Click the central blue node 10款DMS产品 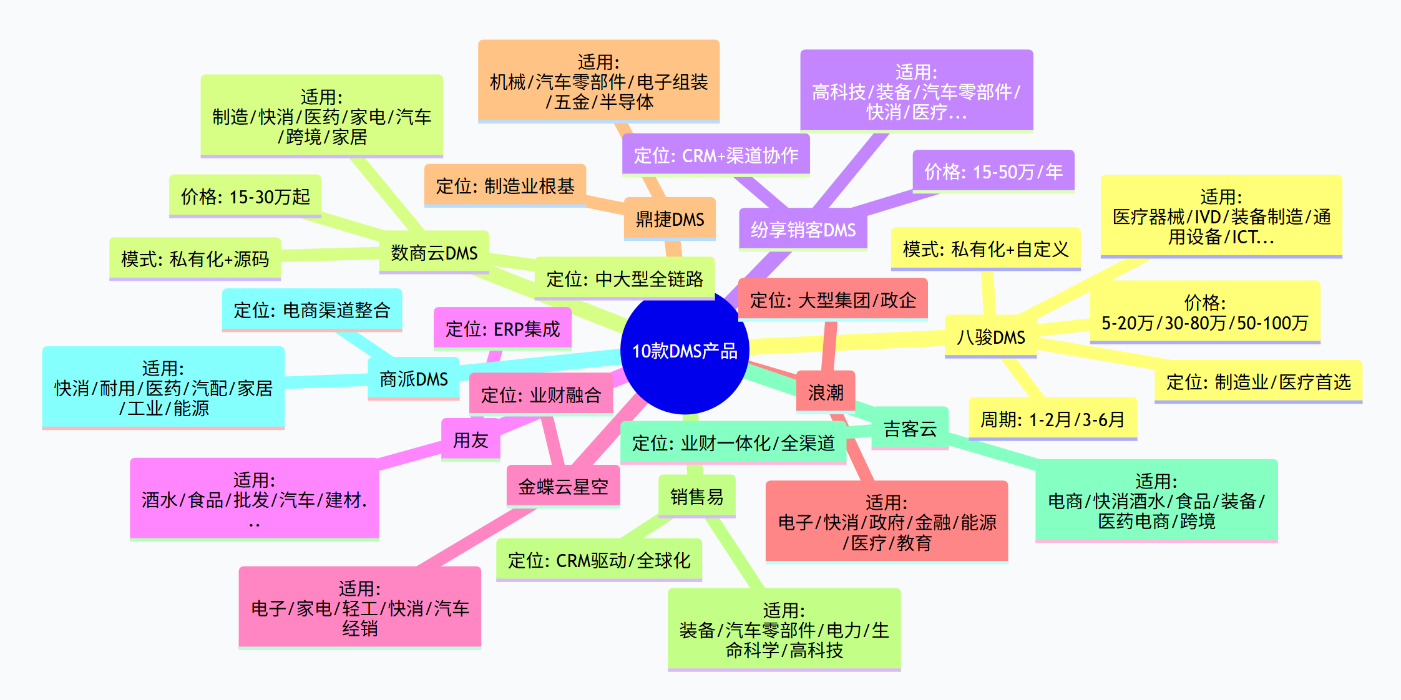(x=685, y=350)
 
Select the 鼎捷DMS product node (x=670, y=219)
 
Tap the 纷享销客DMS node (x=803, y=230)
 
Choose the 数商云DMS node (x=434, y=253)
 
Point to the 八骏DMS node (x=991, y=338)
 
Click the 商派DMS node (x=414, y=379)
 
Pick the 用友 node (x=471, y=440)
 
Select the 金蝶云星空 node (x=564, y=487)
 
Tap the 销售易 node (x=697, y=497)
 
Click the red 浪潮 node (x=826, y=392)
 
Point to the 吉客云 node (x=910, y=429)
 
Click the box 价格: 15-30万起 (x=245, y=197)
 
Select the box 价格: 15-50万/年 (x=993, y=172)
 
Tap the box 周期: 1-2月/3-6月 (x=1053, y=419)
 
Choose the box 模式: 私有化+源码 (x=195, y=259)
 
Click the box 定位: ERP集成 (x=502, y=329)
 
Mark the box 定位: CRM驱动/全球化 (x=599, y=560)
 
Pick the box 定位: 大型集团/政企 (x=833, y=300)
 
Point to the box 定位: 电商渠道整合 (x=312, y=310)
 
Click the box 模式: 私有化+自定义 (x=986, y=249)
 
